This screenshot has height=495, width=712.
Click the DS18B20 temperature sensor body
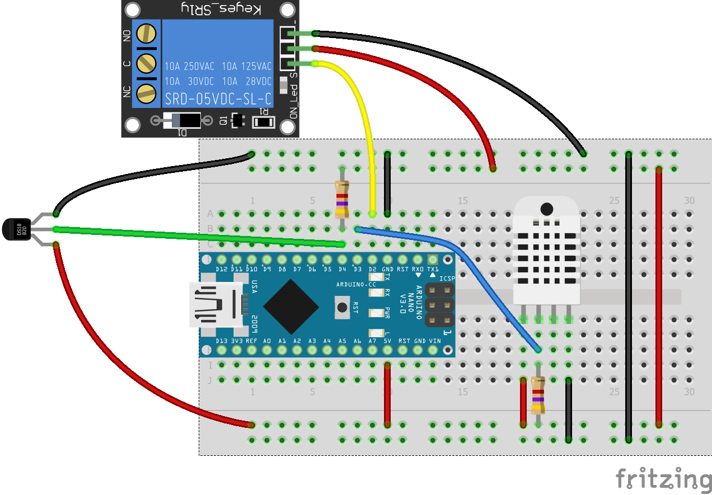coord(15,229)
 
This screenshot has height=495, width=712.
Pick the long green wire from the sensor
coord(196,236)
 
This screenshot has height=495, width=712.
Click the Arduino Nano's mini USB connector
coord(216,304)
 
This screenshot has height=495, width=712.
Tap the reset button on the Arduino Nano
coord(341,307)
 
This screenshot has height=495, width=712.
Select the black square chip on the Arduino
coord(291,305)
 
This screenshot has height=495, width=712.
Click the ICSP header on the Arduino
coord(439,305)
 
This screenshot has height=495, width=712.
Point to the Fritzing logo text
coord(663,479)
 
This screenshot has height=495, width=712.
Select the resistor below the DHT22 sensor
coord(538,395)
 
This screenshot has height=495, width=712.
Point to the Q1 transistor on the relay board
coord(238,120)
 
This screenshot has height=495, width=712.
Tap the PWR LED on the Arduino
coord(374,312)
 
